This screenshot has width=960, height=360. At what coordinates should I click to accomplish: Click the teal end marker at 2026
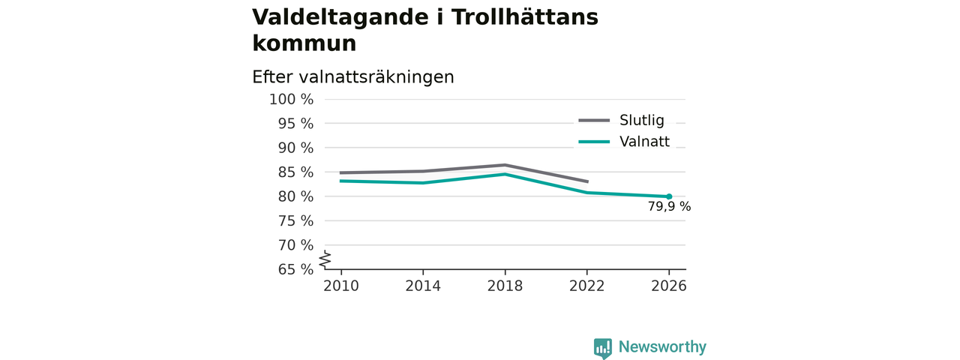(669, 196)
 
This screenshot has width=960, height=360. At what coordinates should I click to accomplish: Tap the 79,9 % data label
(669, 206)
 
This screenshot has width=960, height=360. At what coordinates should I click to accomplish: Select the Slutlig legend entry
(622, 121)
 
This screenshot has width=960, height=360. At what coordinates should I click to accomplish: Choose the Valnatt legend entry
(624, 142)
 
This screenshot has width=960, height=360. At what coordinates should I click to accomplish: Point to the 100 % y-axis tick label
(292, 100)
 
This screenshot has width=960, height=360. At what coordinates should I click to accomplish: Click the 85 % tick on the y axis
(295, 172)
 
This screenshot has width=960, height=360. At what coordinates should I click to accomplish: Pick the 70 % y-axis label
(295, 245)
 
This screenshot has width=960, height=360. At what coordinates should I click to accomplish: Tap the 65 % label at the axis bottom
(295, 269)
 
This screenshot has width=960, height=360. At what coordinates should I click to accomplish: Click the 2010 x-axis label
(341, 286)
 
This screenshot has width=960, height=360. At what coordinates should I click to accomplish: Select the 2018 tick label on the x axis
(505, 286)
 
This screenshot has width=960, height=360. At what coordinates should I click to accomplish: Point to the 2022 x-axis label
(586, 286)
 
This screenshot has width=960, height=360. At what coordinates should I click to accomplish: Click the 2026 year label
(668, 286)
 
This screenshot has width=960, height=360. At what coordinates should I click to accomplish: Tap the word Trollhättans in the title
(524, 17)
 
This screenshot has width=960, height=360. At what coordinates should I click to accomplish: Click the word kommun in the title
(304, 43)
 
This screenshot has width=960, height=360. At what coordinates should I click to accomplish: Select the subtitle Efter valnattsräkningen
(353, 77)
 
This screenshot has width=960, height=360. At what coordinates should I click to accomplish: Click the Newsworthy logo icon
(602, 347)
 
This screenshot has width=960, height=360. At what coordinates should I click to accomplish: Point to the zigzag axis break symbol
(325, 259)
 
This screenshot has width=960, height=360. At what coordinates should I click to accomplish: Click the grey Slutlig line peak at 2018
(505, 165)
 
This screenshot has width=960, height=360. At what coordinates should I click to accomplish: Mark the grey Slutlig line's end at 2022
(587, 181)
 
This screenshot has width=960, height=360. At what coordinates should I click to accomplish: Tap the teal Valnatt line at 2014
(423, 183)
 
